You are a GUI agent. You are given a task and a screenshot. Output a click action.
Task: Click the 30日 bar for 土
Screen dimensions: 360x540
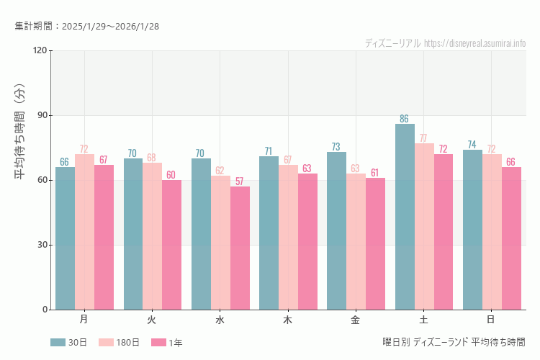click(x=405, y=217)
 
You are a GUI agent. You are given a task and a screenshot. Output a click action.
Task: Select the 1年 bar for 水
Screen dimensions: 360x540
click(x=240, y=248)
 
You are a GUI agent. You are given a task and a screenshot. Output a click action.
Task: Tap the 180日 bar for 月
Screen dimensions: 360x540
click(x=84, y=232)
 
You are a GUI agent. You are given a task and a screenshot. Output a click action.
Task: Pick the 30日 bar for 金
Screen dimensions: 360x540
click(x=336, y=230)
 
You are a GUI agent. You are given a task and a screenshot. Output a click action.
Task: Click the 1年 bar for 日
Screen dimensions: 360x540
click(x=511, y=238)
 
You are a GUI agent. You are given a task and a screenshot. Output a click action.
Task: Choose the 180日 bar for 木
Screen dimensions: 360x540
click(x=288, y=237)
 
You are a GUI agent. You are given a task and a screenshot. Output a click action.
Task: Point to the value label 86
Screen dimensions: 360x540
click(x=405, y=119)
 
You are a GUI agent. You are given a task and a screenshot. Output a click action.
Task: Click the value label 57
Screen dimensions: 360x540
click(x=240, y=181)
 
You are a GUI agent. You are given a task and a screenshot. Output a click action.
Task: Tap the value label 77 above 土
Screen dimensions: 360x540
click(x=424, y=138)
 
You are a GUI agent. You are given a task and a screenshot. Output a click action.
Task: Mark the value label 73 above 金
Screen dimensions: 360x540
click(x=336, y=147)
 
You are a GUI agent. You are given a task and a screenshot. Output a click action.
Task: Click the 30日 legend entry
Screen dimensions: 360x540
click(x=68, y=343)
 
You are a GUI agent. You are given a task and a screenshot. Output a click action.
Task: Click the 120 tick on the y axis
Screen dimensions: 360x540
click(x=39, y=50)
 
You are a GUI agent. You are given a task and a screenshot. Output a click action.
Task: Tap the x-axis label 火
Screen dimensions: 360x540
click(x=152, y=319)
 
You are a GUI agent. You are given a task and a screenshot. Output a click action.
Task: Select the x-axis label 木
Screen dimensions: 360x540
click(x=288, y=319)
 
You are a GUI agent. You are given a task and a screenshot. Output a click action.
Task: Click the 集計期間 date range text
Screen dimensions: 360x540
click(x=87, y=26)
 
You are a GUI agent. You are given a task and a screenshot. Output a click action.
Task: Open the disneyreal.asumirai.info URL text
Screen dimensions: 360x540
click(x=474, y=43)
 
